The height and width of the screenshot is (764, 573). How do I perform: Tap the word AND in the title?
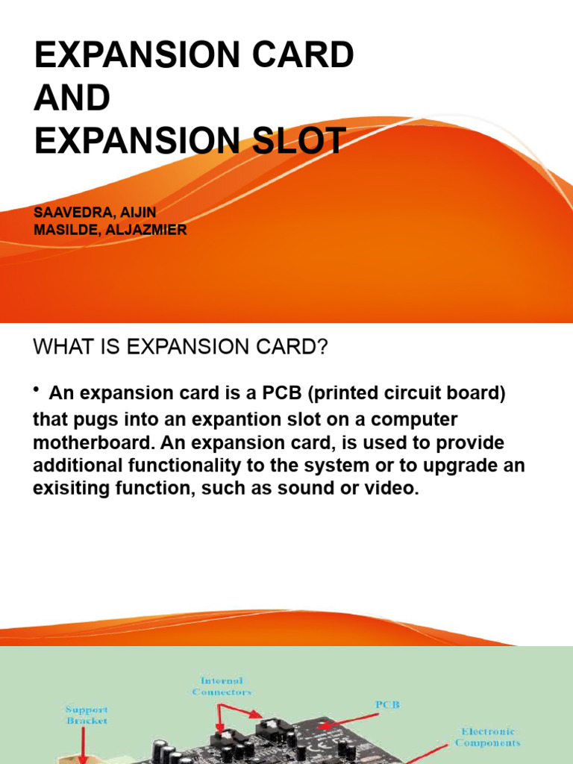point(72,98)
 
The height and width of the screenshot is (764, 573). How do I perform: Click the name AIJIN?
point(136,213)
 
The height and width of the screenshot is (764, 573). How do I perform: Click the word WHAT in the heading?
point(60,348)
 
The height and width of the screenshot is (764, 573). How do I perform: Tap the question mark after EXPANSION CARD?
point(322,348)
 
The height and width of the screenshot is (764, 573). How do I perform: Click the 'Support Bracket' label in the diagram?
point(86,716)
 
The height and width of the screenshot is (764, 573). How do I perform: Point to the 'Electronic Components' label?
point(488,737)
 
